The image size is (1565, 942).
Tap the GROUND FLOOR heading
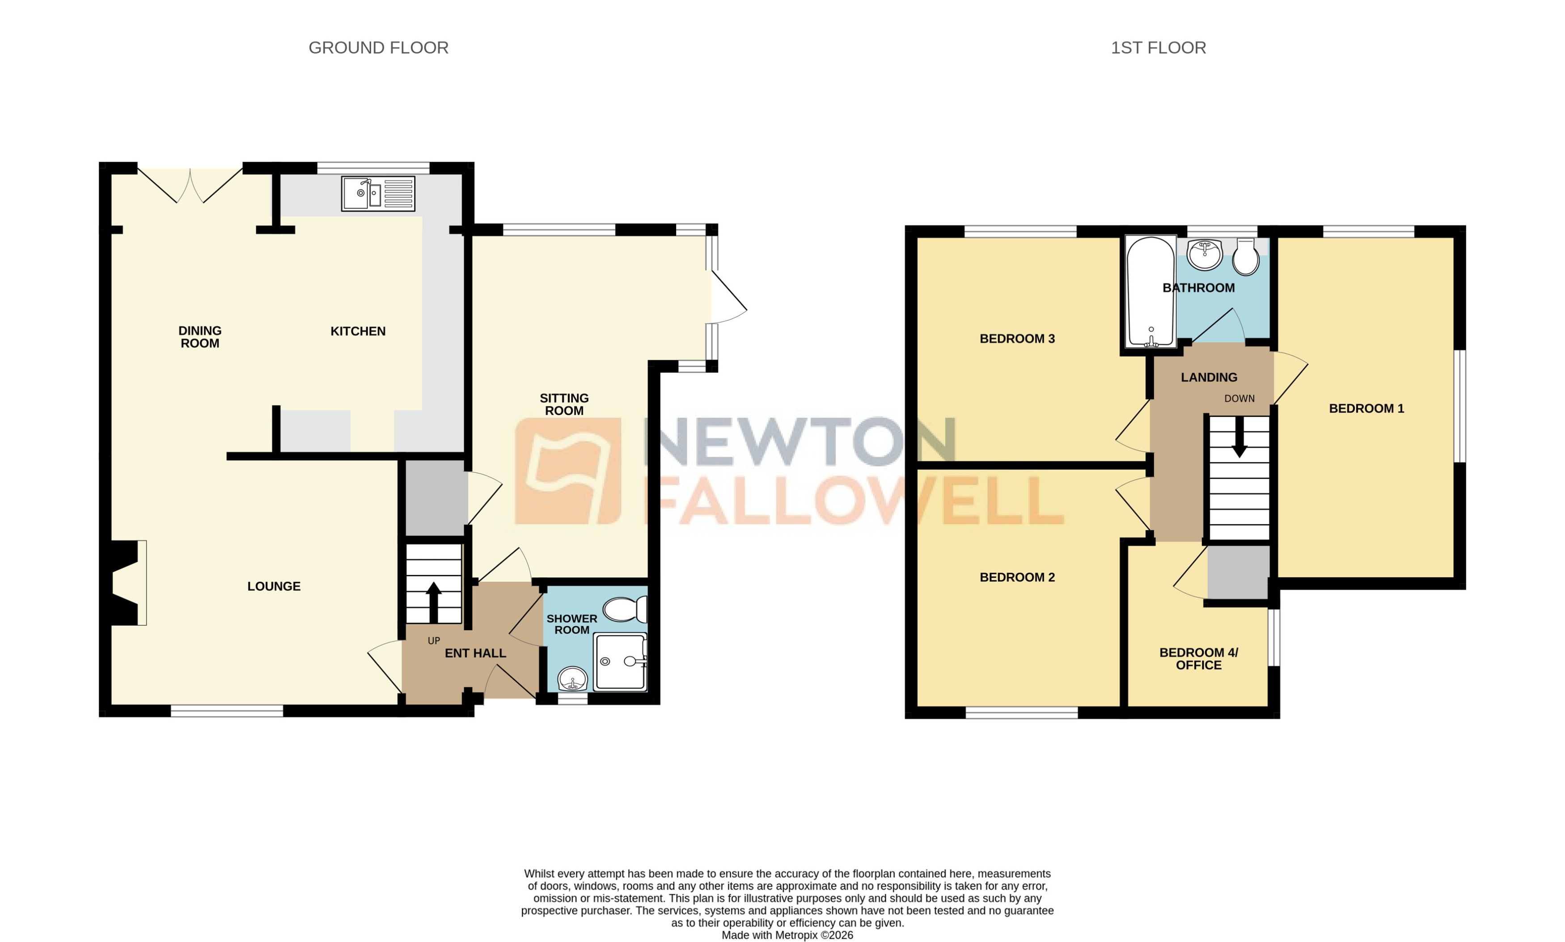pyautogui.click(x=378, y=47)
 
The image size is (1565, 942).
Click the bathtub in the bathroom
pyautogui.click(x=1150, y=292)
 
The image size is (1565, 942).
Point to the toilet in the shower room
pyautogui.click(x=624, y=609)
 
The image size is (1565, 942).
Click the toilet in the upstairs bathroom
pyautogui.click(x=1245, y=257)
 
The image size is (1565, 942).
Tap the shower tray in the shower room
pyautogui.click(x=620, y=662)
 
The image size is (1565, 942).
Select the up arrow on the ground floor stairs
pyautogui.click(x=433, y=601)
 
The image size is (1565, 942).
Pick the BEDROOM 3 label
pyautogui.click(x=1016, y=338)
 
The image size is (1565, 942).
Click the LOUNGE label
pyautogui.click(x=273, y=586)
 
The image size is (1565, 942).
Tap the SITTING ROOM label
pyautogui.click(x=563, y=404)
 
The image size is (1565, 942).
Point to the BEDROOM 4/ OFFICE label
pyautogui.click(x=1198, y=658)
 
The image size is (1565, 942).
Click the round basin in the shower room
pyautogui.click(x=573, y=679)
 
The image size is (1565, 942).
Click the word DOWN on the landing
pyautogui.click(x=1239, y=399)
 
